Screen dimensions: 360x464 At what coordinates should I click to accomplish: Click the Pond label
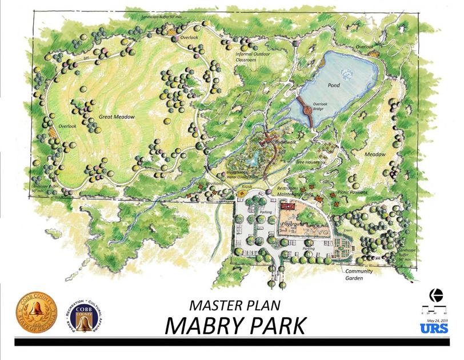[334, 86]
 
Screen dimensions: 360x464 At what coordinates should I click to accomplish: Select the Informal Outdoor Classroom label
[255, 57]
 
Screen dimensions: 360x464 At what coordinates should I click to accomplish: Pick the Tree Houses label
[307, 162]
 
